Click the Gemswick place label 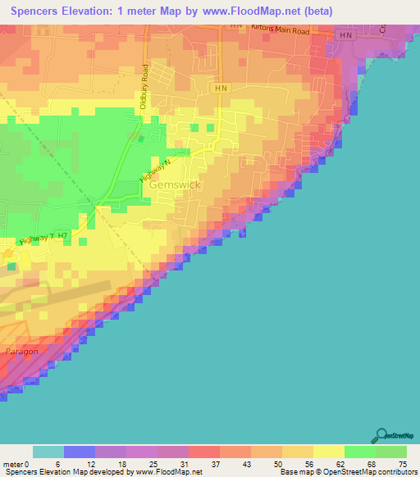tap(176, 185)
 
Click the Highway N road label tap(156, 170)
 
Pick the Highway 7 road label tap(36, 241)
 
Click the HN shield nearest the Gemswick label tap(220, 88)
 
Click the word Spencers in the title tap(39, 11)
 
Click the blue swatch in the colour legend tap(80, 452)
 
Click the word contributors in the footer tap(395, 472)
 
